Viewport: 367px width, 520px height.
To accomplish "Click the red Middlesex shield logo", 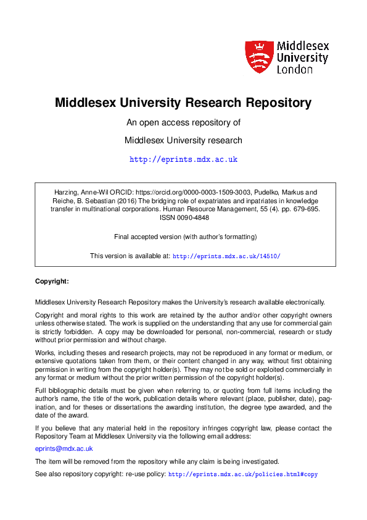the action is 258,57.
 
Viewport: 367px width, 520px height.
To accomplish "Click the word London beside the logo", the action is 294,70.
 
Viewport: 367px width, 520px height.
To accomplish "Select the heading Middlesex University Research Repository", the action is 183,103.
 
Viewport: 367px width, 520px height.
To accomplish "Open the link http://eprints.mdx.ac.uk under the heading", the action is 183,159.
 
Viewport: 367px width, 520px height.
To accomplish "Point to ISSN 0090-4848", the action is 183,217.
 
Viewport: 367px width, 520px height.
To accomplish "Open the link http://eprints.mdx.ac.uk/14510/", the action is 226,256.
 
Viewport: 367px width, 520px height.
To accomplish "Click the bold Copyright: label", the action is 52,281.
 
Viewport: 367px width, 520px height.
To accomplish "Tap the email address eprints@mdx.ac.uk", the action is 64,449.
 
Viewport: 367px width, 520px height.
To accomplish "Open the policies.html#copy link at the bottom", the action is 243,474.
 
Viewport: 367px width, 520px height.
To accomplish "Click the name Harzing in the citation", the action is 59,193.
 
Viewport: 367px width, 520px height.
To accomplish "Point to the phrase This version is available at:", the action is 130,256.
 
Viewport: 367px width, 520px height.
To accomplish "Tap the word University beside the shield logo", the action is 302,57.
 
